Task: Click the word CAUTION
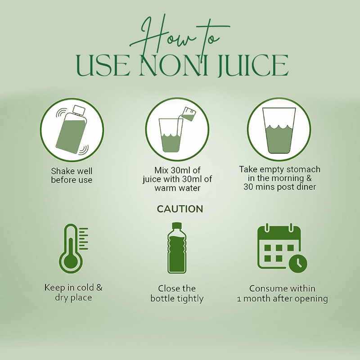pos(180,209)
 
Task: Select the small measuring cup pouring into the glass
pos(188,114)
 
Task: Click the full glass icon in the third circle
pos(279,130)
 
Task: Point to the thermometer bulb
pos(71,262)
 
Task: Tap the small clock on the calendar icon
pos(298,263)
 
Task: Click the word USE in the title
pos(102,66)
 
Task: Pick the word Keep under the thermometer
pos(53,288)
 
